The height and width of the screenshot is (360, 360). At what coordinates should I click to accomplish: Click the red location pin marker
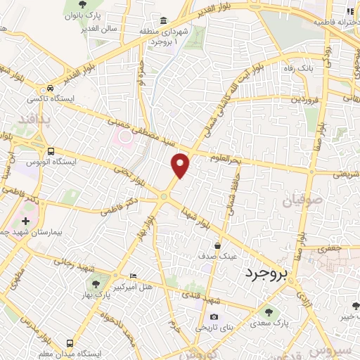click(x=181, y=165)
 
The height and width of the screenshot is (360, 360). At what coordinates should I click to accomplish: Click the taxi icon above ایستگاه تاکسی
click(x=50, y=89)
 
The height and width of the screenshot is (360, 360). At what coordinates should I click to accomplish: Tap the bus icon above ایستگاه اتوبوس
click(x=51, y=150)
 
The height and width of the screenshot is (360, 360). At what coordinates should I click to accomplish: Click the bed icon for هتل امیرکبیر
click(x=134, y=276)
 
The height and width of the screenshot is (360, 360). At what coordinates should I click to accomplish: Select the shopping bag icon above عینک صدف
click(x=219, y=245)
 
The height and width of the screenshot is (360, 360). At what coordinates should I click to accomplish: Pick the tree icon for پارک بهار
click(x=96, y=284)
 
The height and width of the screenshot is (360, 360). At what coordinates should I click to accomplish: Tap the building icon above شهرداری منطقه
click(x=164, y=20)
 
